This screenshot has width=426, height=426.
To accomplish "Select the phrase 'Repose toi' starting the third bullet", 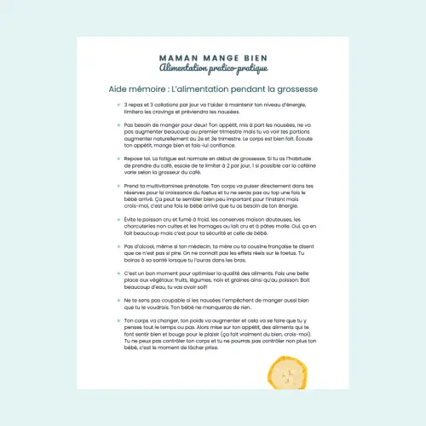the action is [x=138, y=158].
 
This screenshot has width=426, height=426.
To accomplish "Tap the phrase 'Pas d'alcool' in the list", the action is [x=141, y=246].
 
